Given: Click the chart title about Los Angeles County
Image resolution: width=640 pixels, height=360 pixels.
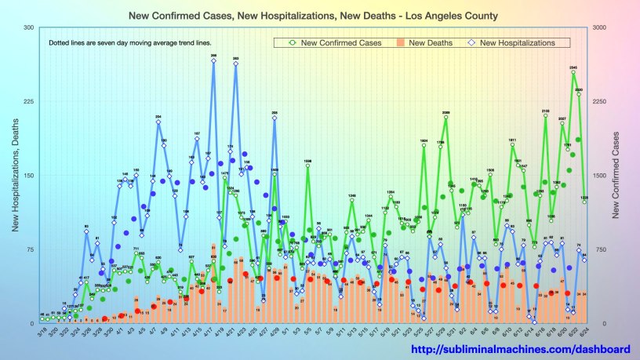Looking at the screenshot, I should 319,16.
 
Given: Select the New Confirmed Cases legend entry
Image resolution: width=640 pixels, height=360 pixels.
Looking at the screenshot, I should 342,42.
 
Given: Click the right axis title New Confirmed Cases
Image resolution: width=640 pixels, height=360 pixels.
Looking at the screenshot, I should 620,176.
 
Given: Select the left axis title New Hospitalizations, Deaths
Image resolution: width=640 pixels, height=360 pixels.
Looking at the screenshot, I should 14,176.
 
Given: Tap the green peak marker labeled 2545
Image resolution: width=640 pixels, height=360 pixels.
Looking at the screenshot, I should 573,72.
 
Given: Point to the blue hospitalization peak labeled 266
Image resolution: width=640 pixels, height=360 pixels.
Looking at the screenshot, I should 213,61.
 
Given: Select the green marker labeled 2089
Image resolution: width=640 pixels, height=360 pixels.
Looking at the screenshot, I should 445,118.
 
